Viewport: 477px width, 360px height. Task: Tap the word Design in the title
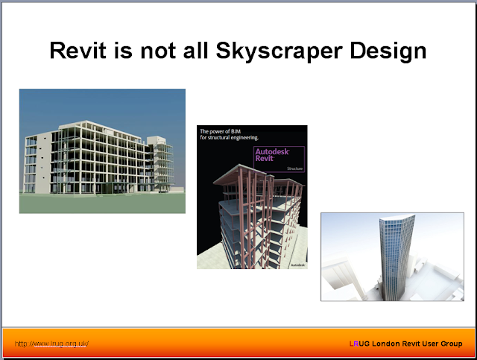[391, 51]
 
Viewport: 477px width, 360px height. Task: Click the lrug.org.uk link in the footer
[52, 344]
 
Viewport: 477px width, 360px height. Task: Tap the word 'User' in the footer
[435, 344]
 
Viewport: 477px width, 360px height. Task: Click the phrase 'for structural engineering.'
[229, 139]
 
